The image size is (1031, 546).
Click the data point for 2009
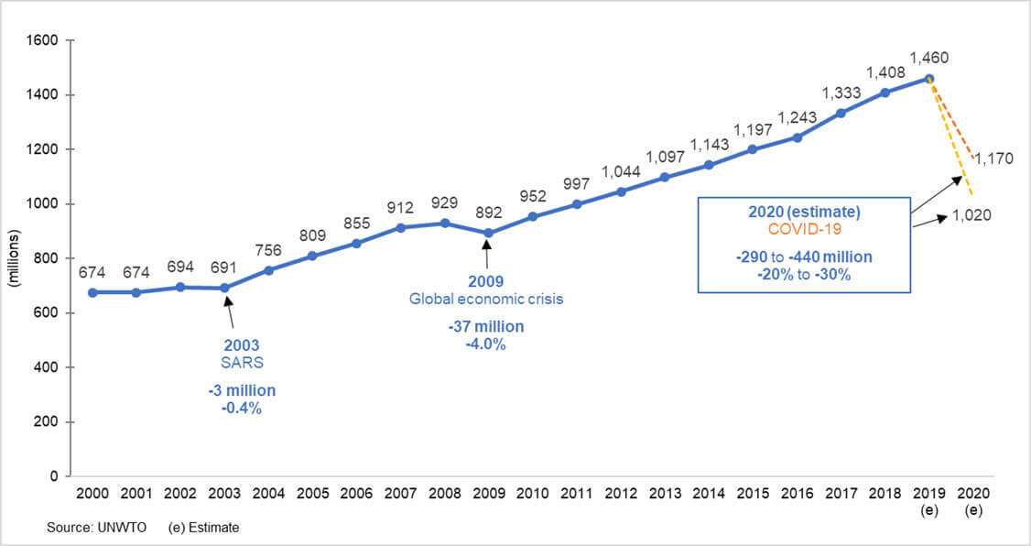pos(487,233)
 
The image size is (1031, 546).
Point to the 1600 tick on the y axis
pos(42,40)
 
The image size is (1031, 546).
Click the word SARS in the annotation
pos(242,362)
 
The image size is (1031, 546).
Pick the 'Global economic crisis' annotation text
pos(487,298)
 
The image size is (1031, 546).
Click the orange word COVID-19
pos(804,229)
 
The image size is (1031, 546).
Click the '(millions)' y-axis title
pos(14,257)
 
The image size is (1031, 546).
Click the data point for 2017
pos(841,113)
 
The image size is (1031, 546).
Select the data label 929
pos(443,203)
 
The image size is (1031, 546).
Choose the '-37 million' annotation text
pos(487,328)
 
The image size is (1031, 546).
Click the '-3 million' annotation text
pos(242,391)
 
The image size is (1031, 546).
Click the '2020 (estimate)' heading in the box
pos(804,213)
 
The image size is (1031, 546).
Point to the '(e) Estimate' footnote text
pos(204,529)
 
